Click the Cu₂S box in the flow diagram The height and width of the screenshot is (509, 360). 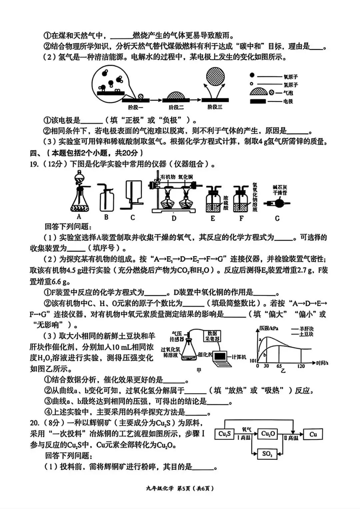(225, 434)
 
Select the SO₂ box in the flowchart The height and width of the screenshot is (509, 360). (267, 454)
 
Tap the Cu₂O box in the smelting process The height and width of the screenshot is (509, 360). (268, 434)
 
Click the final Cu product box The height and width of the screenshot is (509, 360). (313, 434)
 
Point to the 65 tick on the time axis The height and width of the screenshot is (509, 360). (279, 366)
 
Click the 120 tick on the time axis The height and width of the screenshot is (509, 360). (301, 366)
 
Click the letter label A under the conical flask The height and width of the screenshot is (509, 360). (79, 217)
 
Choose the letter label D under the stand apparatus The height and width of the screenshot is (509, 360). (174, 218)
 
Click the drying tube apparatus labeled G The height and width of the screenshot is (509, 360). (277, 203)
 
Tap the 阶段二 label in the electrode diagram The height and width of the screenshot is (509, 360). (176, 107)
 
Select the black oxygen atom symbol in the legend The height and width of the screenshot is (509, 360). (252, 76)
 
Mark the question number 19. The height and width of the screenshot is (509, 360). (34, 164)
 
